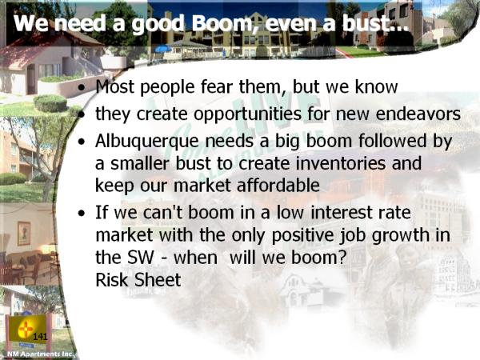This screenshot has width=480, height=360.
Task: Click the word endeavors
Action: (418, 114)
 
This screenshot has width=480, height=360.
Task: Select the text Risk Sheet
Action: (138, 280)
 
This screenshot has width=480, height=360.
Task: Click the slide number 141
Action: (40, 337)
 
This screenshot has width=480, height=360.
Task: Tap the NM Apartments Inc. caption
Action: (40, 354)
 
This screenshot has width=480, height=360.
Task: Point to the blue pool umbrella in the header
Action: (163, 49)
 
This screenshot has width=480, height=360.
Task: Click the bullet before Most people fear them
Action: (82, 88)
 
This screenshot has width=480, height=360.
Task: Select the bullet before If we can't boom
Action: (82, 214)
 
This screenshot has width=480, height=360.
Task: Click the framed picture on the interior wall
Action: (24, 234)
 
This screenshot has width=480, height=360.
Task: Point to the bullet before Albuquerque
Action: (82, 142)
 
